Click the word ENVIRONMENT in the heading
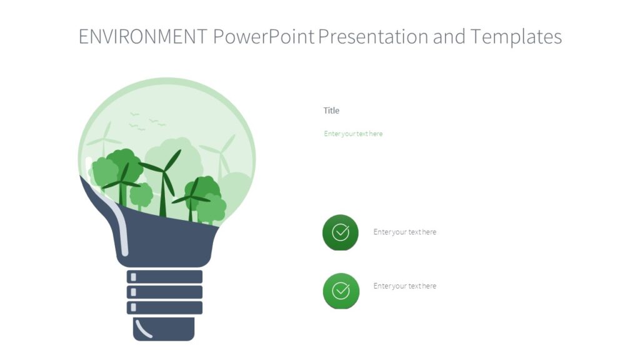click(142, 37)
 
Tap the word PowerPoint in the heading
click(263, 37)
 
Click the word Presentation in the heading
click(373, 37)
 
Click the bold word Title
click(331, 111)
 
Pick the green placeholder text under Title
click(353, 134)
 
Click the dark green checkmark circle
click(341, 232)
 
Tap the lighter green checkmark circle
click(341, 291)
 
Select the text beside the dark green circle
click(405, 232)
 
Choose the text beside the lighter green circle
click(405, 286)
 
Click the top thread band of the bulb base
click(164, 277)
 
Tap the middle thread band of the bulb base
click(164, 292)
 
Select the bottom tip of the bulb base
click(164, 329)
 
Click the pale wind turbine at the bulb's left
click(105, 141)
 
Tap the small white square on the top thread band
click(132, 277)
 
